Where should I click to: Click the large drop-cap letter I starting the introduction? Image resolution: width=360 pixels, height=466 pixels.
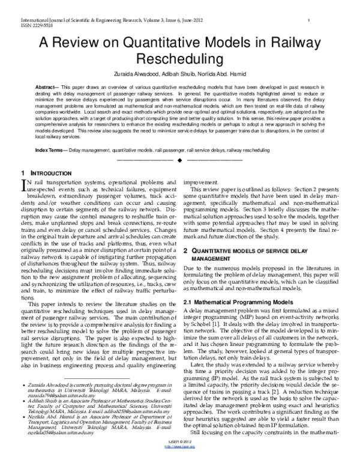coord(24,184)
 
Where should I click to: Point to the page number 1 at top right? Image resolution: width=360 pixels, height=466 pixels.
coord(307,20)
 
